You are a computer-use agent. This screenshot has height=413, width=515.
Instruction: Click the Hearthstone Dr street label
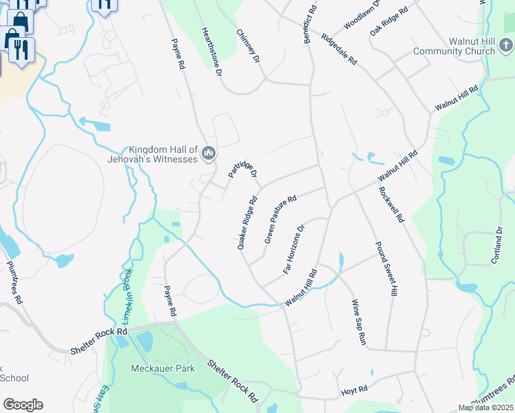(x=211, y=52)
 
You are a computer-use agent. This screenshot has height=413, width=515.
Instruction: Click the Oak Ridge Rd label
(x=389, y=21)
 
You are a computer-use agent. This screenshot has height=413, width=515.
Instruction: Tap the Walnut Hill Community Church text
(x=454, y=46)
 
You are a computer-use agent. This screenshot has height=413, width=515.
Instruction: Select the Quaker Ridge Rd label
(x=246, y=224)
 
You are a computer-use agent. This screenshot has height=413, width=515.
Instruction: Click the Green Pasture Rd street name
(x=280, y=218)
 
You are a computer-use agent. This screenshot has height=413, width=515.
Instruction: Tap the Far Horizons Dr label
(x=293, y=249)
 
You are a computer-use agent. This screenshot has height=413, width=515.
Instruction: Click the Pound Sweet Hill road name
(x=386, y=269)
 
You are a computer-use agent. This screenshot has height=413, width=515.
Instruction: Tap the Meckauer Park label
(x=162, y=368)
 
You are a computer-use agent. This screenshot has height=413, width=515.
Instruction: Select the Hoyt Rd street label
(x=354, y=391)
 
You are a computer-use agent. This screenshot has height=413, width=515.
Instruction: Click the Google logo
(x=23, y=404)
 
